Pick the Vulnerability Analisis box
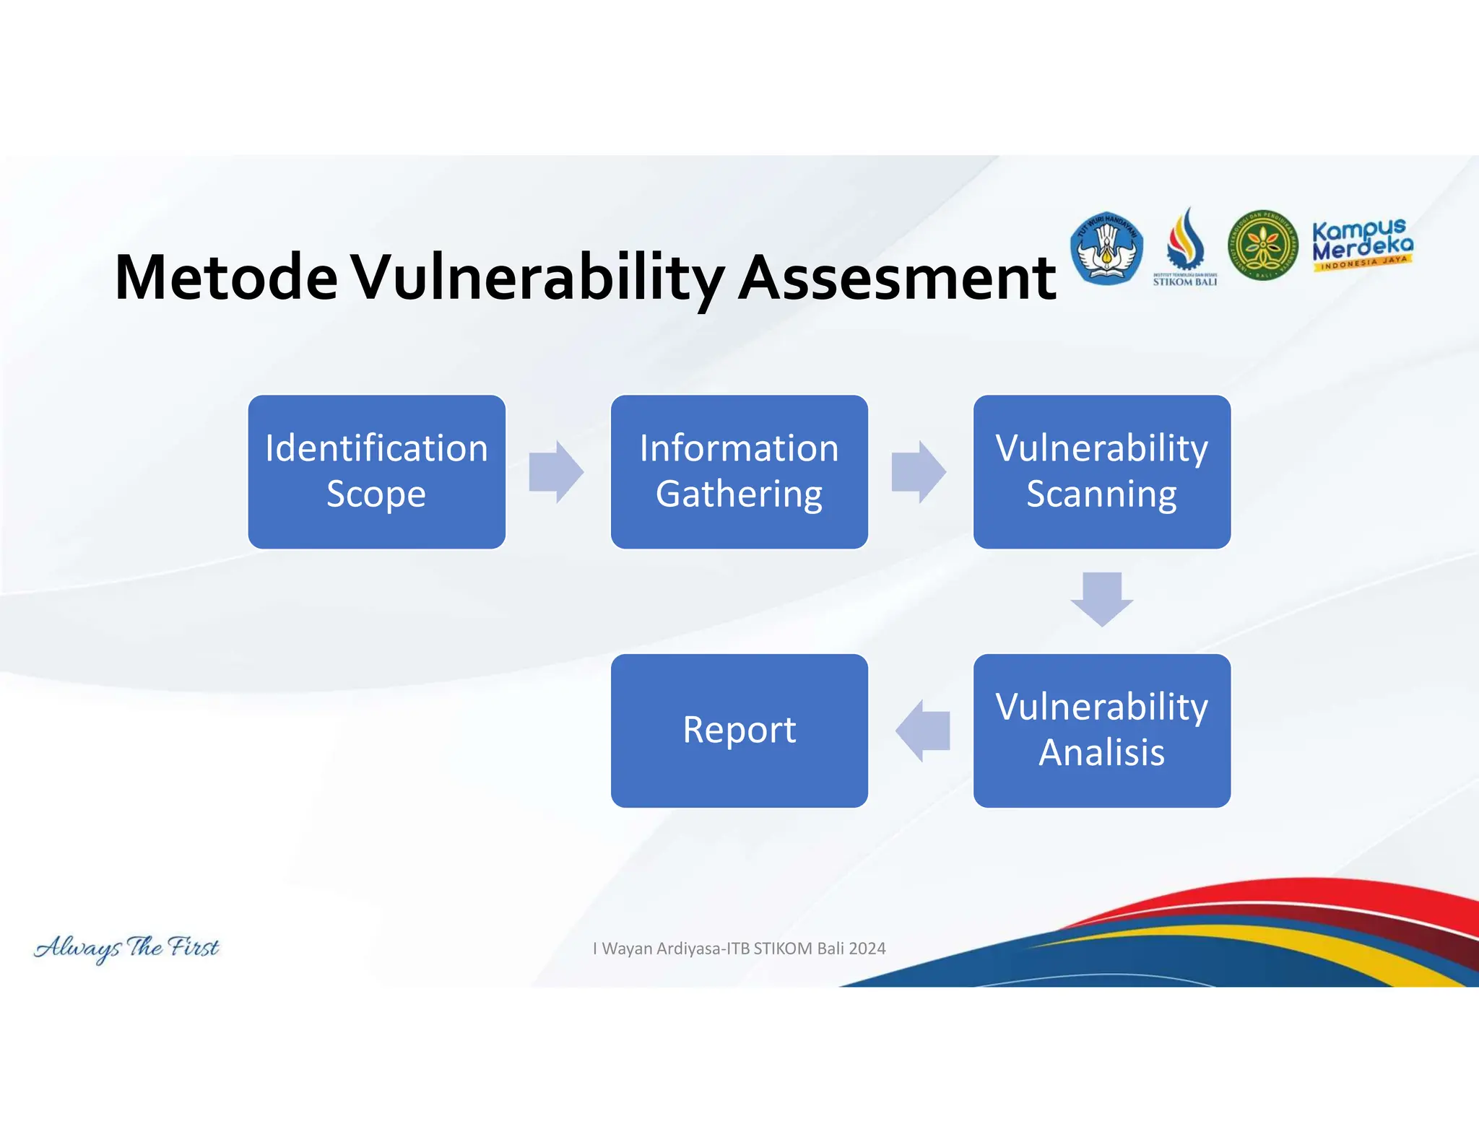pyautogui.click(x=1101, y=730)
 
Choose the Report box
pyautogui.click(x=739, y=730)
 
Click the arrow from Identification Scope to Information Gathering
pyautogui.click(x=555, y=471)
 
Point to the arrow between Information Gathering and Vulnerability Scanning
pyautogui.click(x=918, y=471)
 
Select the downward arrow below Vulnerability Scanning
pyautogui.click(x=1101, y=598)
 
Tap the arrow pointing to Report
pyautogui.click(x=923, y=731)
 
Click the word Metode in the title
pyautogui.click(x=225, y=277)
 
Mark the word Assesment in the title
pyautogui.click(x=897, y=277)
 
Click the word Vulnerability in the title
pyautogui.click(x=538, y=277)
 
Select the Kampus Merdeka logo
pyautogui.click(x=1362, y=245)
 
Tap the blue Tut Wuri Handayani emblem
pyautogui.click(x=1106, y=248)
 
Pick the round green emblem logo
pyautogui.click(x=1262, y=245)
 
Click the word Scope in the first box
pyautogui.click(x=376, y=494)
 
